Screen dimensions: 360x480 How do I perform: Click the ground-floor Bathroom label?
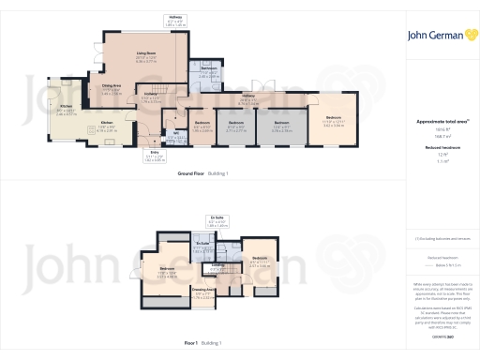coord(208,71)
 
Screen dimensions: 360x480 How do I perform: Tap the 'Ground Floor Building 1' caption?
coord(202,174)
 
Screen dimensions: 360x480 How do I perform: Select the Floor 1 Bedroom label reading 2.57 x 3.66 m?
coord(259,260)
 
